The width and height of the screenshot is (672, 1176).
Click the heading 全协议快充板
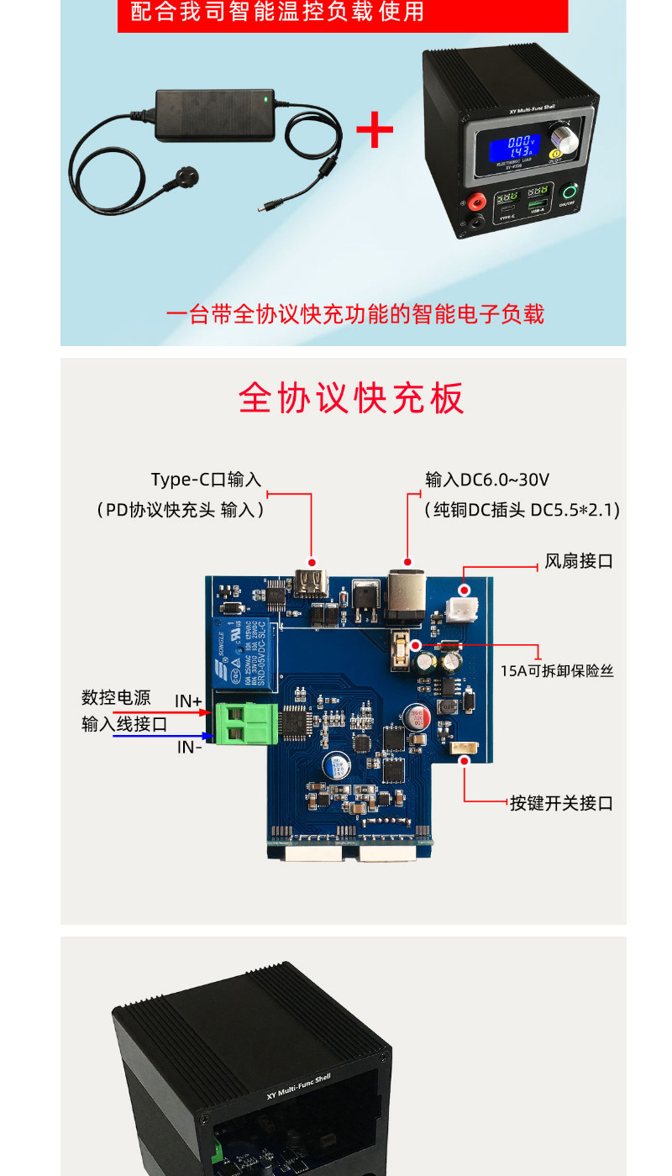[351, 397]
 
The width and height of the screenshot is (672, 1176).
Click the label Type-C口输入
[206, 480]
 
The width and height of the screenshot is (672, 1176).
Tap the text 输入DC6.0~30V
[487, 480]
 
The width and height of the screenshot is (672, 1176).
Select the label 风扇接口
[579, 561]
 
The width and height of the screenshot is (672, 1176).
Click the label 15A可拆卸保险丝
[557, 671]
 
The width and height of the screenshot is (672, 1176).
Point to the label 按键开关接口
[561, 803]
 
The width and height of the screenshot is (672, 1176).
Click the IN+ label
[188, 701]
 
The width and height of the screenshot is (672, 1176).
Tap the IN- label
[189, 746]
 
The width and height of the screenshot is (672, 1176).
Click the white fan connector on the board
[464, 605]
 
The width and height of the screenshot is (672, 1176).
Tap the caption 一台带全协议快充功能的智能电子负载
[355, 315]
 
